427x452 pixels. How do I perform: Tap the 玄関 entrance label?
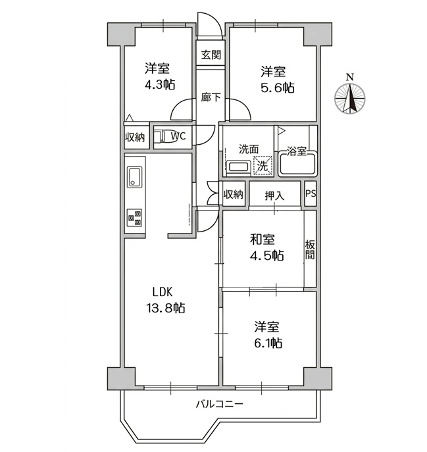coord(211,55)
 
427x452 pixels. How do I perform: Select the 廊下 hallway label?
coord(211,98)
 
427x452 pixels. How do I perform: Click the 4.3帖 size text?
coord(159,84)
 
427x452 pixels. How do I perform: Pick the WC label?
coord(178,136)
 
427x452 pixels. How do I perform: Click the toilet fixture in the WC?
coord(160,137)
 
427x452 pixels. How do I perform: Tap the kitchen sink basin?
coord(135,177)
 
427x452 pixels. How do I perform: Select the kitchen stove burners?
coord(135,216)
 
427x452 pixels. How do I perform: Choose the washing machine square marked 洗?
coord(263,166)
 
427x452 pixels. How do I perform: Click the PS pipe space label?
coord(311,194)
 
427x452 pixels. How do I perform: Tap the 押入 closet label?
coord(274,195)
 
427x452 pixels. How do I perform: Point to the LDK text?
coord(164,292)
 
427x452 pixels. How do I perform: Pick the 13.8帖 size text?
coord(166,308)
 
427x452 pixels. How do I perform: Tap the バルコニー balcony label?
coord(219,404)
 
